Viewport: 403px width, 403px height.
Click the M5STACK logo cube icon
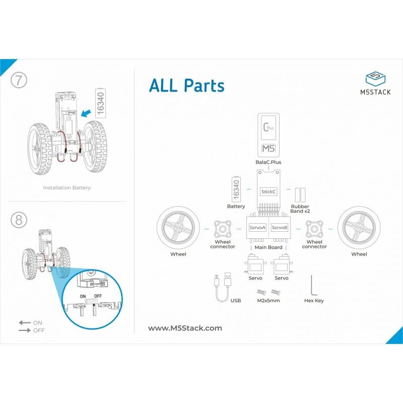pyautogui.click(x=375, y=79)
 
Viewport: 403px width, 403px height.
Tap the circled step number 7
pyautogui.click(x=19, y=80)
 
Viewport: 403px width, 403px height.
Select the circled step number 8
pyautogui.click(x=19, y=220)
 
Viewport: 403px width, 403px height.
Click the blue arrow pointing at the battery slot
pyautogui.click(x=86, y=113)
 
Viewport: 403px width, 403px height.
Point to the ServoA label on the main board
pyautogui.click(x=257, y=228)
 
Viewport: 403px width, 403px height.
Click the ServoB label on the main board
pyautogui.click(x=280, y=228)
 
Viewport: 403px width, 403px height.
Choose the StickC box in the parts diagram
pyautogui.click(x=268, y=192)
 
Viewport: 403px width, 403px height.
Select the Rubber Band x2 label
pyautogui.click(x=300, y=209)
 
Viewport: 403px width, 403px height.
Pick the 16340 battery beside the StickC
pyautogui.click(x=236, y=189)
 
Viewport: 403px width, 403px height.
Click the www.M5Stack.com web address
pyautogui.click(x=185, y=328)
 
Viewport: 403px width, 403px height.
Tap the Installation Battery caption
pyautogui.click(x=67, y=188)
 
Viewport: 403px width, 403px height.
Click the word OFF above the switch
pyautogui.click(x=98, y=296)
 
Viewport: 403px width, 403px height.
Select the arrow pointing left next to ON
pyautogui.click(x=25, y=323)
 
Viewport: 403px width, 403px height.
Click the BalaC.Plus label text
pyautogui.click(x=268, y=162)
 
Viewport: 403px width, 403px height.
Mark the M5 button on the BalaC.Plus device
pyautogui.click(x=268, y=149)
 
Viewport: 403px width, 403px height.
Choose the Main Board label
pyautogui.click(x=268, y=247)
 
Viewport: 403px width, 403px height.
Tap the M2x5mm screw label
pyautogui.click(x=268, y=300)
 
